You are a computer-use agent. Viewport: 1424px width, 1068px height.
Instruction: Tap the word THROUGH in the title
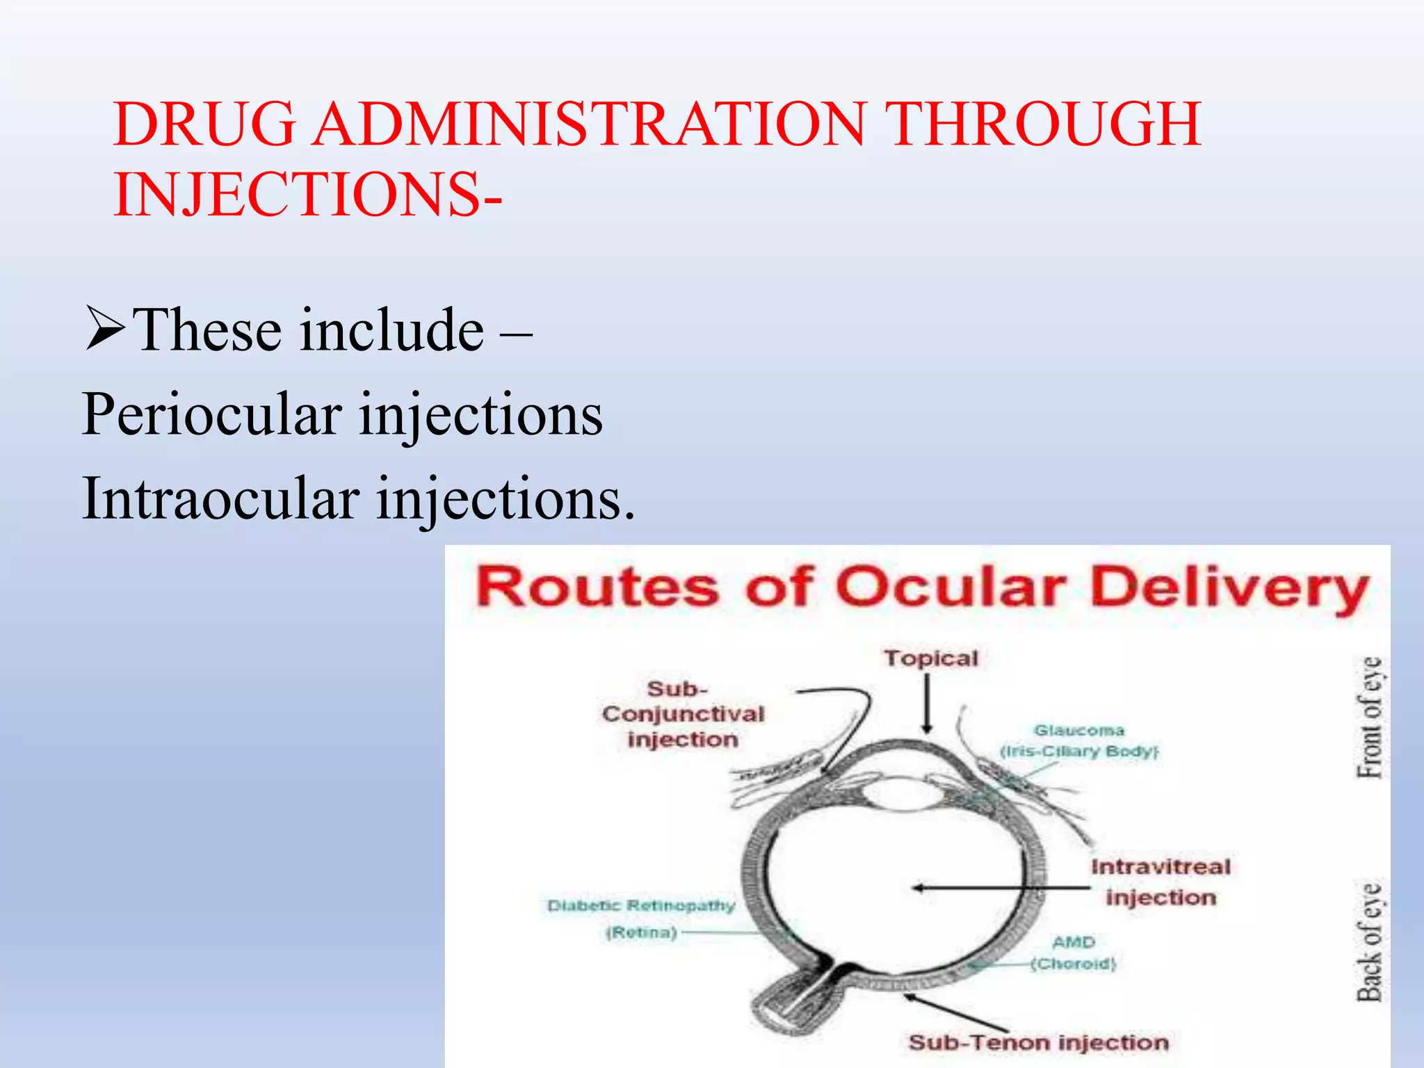click(1046, 125)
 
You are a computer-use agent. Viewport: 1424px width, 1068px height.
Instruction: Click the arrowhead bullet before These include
click(105, 329)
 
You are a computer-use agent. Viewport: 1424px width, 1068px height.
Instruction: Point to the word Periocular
click(211, 414)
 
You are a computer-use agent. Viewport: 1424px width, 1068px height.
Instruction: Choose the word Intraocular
click(221, 499)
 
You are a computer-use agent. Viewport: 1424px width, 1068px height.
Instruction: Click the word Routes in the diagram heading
click(597, 588)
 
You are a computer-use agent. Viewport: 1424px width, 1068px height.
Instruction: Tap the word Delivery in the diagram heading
click(1229, 589)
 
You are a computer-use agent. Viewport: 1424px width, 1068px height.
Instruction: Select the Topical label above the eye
click(930, 658)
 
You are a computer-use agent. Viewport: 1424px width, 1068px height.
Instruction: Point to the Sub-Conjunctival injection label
click(683, 714)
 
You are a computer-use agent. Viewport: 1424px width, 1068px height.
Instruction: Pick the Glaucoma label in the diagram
click(1078, 731)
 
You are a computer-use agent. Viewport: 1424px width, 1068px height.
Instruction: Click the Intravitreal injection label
click(1160, 882)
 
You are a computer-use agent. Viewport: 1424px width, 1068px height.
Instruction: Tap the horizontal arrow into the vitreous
click(1001, 888)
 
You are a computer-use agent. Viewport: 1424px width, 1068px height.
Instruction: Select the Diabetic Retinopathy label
click(640, 906)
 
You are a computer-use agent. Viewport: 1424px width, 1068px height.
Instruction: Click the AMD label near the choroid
click(1074, 943)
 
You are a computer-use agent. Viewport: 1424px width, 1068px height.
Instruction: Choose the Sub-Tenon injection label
click(1038, 1043)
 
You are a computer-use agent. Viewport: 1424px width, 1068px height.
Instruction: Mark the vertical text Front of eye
click(1370, 718)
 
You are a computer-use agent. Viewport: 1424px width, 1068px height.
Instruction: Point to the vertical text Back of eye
click(1370, 941)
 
